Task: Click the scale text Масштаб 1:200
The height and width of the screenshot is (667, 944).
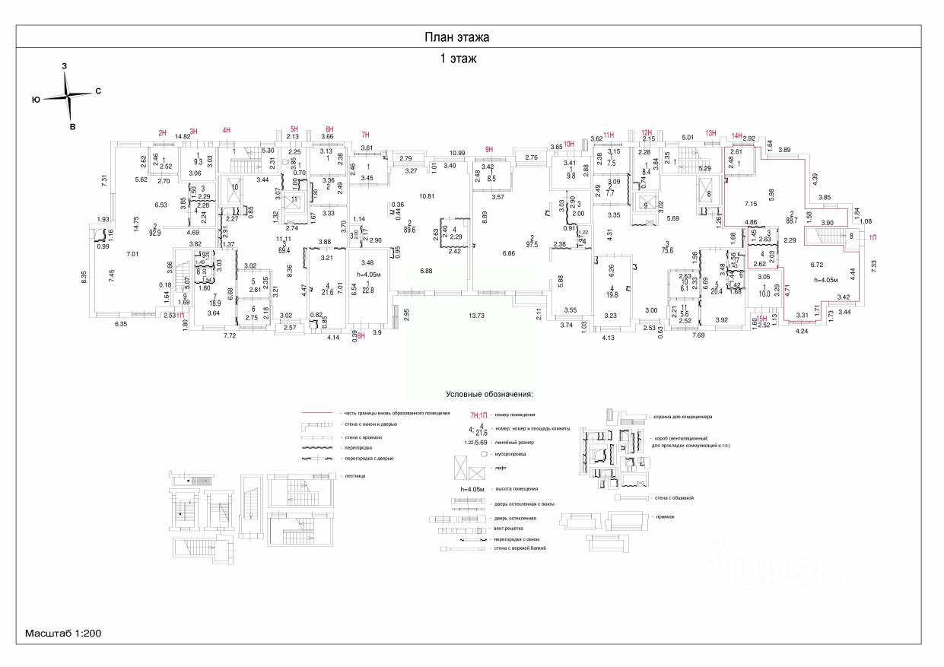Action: [x=63, y=633]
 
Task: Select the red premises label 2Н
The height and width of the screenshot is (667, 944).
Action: [x=162, y=133]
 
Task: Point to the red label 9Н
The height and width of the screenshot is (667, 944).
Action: [x=489, y=149]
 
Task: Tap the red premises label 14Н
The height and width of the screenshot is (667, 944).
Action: [x=736, y=137]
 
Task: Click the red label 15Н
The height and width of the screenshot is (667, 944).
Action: [x=761, y=319]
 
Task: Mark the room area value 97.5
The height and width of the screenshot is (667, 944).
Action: [x=531, y=244]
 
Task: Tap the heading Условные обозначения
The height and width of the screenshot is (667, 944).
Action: [x=490, y=395]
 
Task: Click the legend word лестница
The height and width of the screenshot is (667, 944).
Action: [x=354, y=475]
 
